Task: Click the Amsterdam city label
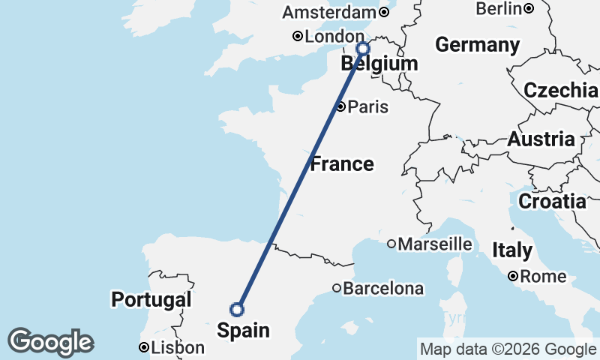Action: (x=329, y=13)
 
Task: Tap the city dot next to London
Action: (x=298, y=36)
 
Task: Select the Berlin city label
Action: (x=499, y=9)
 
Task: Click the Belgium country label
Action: (x=379, y=64)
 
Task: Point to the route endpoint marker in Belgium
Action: (x=363, y=49)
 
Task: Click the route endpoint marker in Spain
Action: (x=237, y=309)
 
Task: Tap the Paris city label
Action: (x=368, y=106)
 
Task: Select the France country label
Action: (x=342, y=163)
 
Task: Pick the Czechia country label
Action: (x=561, y=91)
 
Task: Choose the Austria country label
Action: (x=541, y=139)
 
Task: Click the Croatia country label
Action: (x=552, y=201)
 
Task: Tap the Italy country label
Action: (x=512, y=250)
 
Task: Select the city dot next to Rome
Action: (x=513, y=277)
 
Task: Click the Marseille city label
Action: (x=435, y=244)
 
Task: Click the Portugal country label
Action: (x=151, y=300)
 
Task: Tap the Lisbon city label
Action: (x=177, y=348)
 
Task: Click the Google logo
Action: (x=50, y=342)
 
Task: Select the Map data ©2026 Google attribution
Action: (x=508, y=349)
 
